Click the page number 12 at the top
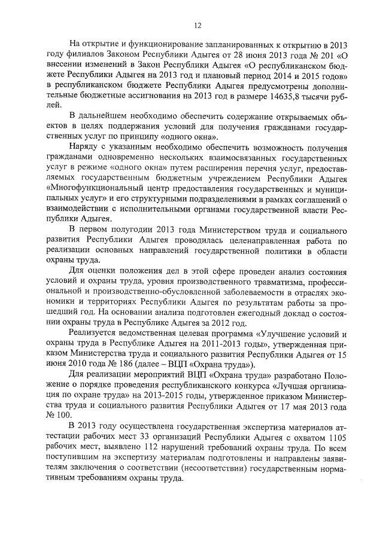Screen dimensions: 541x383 [198, 25]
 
